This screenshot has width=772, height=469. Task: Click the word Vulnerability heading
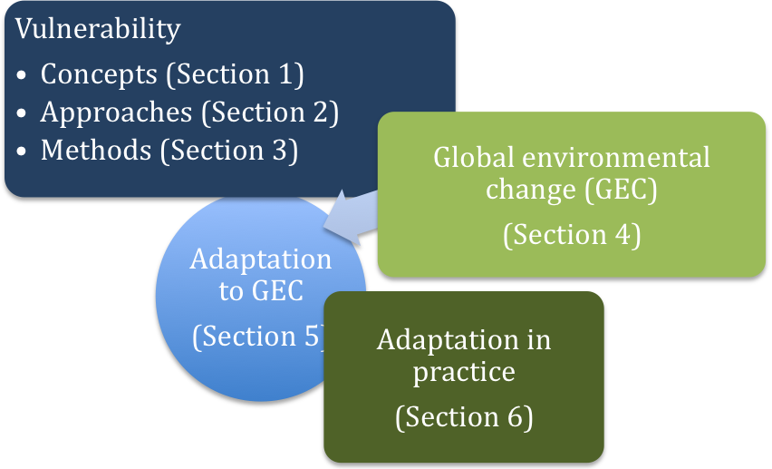98,29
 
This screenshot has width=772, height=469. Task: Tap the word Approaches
116,112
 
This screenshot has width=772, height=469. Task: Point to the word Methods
96,150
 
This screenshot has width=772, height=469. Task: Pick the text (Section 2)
270,112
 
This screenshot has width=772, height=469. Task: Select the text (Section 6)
464,417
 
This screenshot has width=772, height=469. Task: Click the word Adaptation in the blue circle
261,259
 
